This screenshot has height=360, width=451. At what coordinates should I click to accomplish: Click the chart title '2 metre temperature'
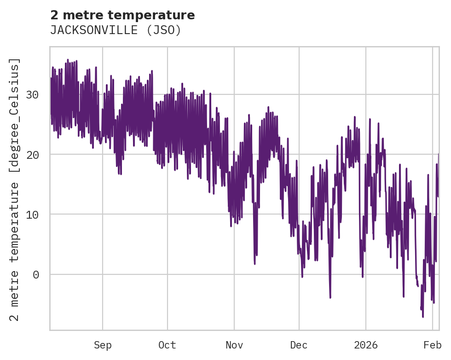(122, 15)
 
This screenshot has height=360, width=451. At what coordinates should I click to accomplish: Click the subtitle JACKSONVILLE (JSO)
(116, 30)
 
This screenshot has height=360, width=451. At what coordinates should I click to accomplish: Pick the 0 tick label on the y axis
(35, 275)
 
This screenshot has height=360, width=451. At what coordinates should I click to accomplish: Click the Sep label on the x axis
(103, 345)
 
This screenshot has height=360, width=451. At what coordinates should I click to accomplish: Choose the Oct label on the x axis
(167, 345)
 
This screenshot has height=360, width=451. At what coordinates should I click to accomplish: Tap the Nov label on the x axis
(234, 345)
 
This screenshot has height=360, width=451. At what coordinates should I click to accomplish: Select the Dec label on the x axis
(299, 345)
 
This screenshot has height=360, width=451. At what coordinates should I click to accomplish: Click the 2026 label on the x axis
(365, 345)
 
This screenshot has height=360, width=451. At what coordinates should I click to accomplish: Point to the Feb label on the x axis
(433, 345)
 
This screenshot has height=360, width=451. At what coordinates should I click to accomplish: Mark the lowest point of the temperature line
(422, 317)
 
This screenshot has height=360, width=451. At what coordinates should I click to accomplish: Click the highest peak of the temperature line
(68, 59)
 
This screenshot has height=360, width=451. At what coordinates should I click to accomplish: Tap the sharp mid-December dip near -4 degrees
(330, 297)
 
